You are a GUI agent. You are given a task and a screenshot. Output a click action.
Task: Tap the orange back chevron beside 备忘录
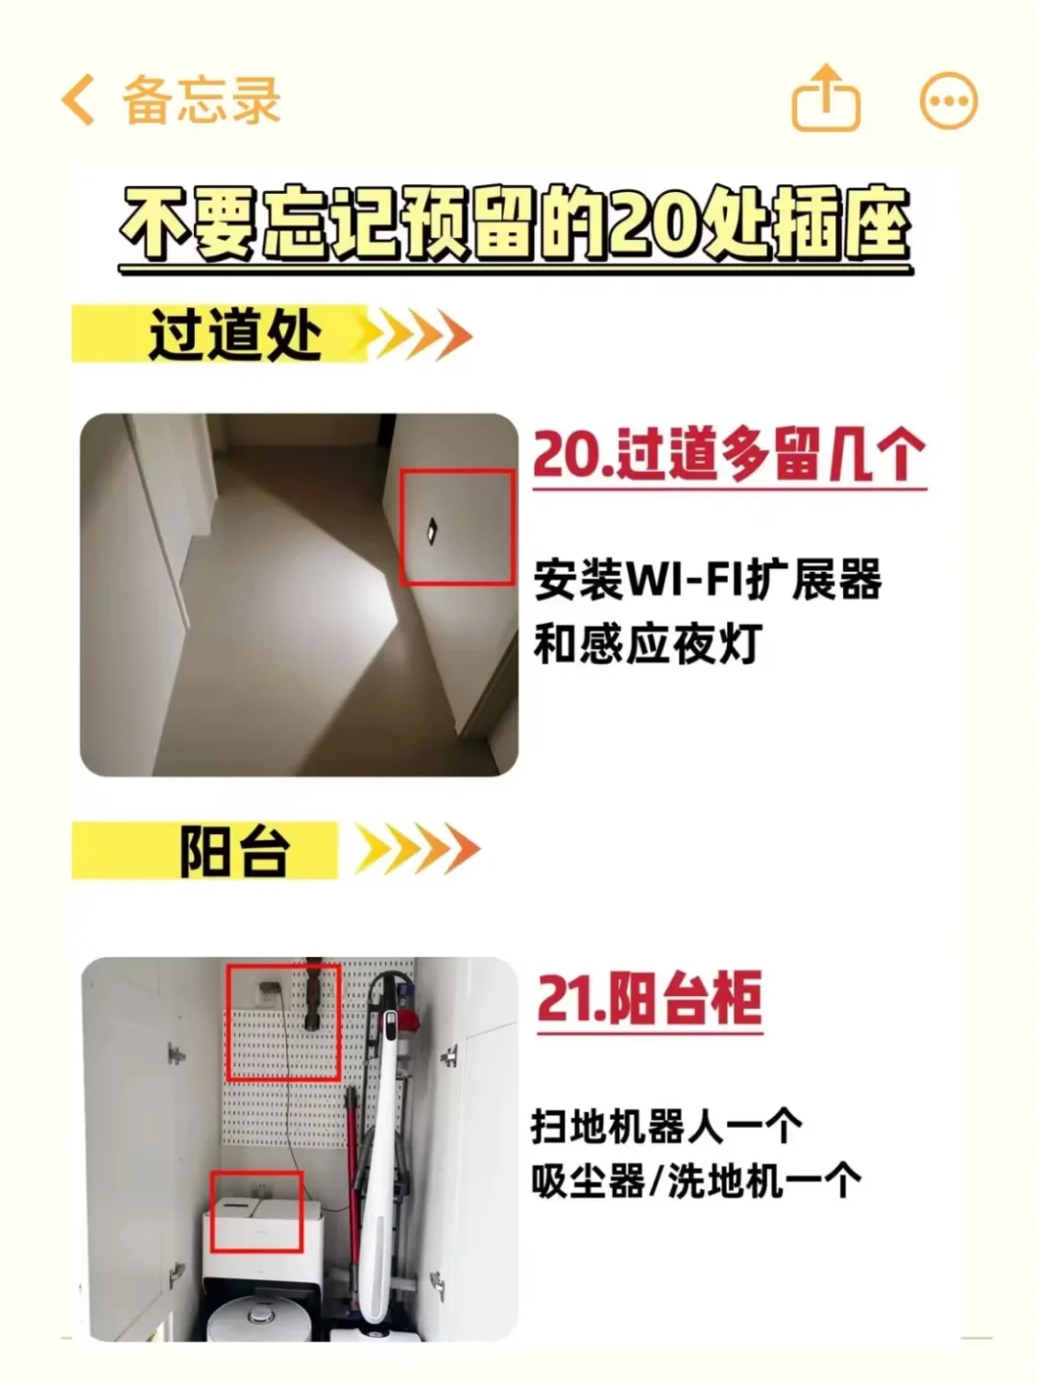(79, 100)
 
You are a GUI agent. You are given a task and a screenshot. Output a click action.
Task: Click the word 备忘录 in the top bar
(201, 100)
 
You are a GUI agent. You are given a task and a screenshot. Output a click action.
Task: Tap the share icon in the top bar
(825, 98)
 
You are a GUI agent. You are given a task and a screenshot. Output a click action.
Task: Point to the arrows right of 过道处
(419, 336)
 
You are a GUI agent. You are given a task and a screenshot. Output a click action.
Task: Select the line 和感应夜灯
(647, 643)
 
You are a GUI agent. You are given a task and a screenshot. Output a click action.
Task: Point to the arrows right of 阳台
(419, 850)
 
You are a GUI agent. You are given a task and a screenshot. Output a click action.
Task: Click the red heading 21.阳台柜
(649, 999)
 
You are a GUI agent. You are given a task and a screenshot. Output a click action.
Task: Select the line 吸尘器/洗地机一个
(695, 1180)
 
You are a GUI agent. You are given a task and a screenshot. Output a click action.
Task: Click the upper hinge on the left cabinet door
(176, 1055)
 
